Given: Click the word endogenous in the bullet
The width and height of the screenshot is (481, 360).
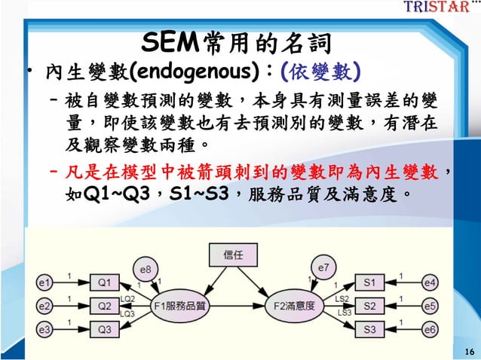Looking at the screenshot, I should (x=199, y=72).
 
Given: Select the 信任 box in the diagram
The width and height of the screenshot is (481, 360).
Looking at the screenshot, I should (x=232, y=255).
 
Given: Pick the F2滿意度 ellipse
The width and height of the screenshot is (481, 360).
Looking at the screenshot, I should (x=293, y=306).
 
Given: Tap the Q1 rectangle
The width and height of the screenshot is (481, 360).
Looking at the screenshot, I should (x=104, y=283).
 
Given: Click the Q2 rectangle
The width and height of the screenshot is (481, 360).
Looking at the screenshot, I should (x=104, y=307).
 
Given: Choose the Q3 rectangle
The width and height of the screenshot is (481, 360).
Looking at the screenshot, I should (x=104, y=329).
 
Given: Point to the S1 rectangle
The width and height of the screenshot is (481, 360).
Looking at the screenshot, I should (x=369, y=283).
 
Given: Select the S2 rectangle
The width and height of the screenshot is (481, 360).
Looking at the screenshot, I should (x=369, y=307).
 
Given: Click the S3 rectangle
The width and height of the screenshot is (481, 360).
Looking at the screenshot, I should (x=369, y=329).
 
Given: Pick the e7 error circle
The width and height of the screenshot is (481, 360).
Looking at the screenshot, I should (x=323, y=267).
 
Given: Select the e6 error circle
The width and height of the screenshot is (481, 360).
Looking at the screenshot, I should (x=429, y=329).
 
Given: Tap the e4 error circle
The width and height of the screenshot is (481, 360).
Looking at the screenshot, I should (x=429, y=283).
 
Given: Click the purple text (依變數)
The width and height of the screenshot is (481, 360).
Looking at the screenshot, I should (x=319, y=72).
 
